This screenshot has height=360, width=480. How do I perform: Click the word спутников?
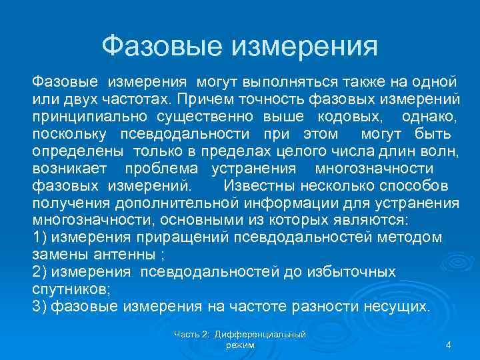70,289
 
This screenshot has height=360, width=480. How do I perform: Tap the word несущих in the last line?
396,307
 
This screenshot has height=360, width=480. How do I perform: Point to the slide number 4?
449,345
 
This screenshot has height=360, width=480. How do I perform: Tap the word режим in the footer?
240,344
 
